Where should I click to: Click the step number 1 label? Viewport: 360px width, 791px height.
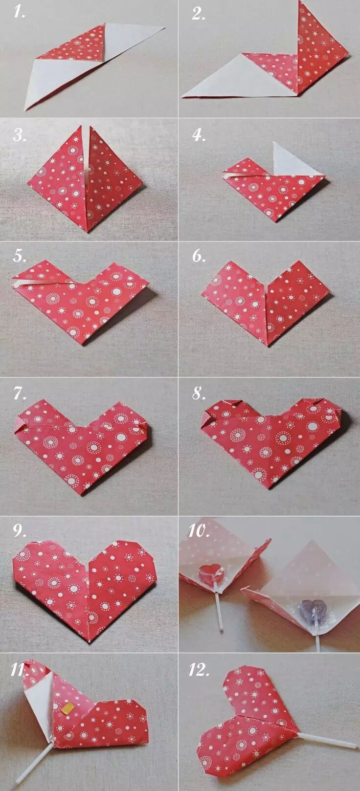click(x=20, y=13)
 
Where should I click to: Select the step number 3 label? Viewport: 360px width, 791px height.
click(x=20, y=135)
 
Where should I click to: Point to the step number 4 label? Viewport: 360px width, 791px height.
click(x=199, y=135)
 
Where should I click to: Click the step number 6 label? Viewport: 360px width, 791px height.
click(x=199, y=256)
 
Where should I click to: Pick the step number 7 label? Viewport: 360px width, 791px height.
click(x=20, y=393)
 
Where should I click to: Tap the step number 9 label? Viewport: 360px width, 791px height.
click(x=20, y=530)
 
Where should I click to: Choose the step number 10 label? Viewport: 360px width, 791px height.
click(x=199, y=530)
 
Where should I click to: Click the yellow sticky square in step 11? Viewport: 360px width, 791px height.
click(x=68, y=707)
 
